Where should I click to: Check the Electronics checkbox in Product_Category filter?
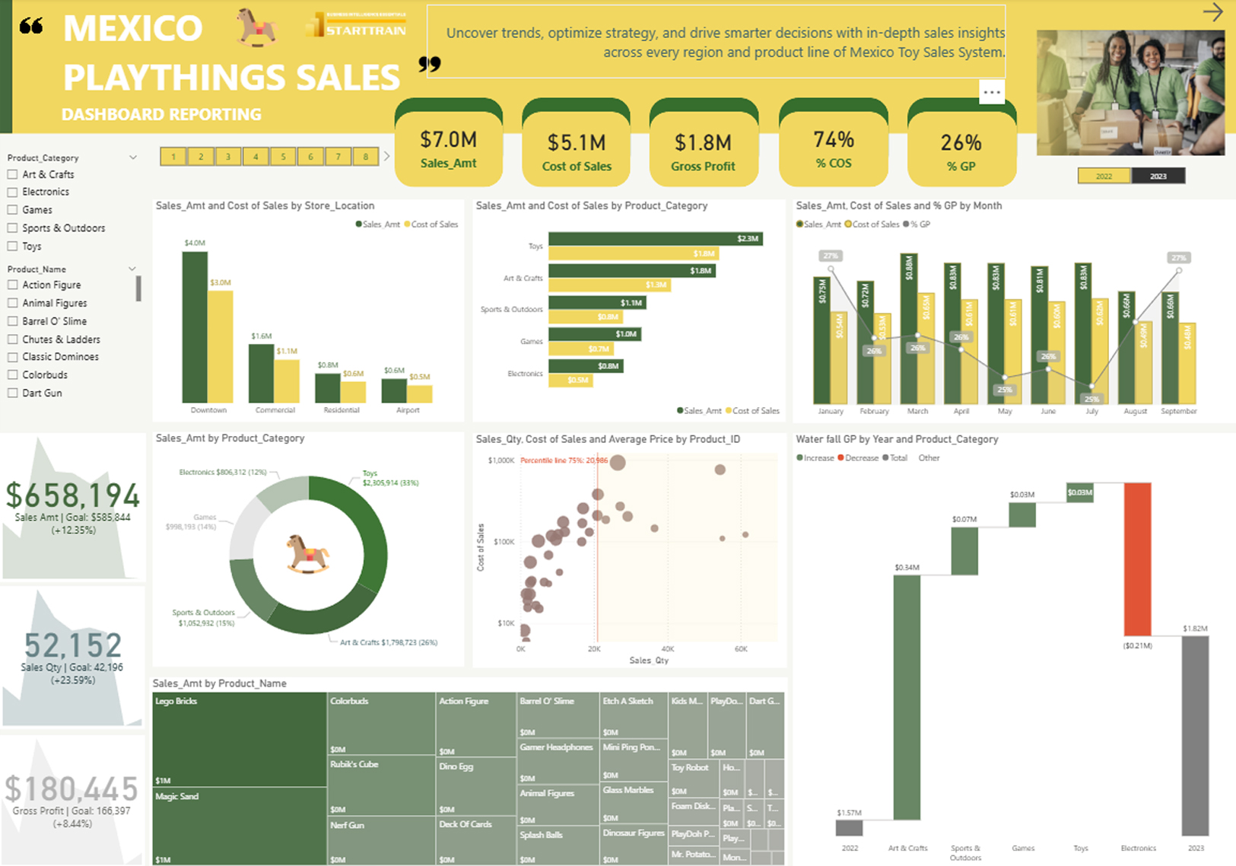[x=12, y=193]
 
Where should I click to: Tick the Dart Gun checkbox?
[x=12, y=393]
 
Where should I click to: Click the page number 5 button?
[x=283, y=157]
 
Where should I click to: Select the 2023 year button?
[x=1158, y=176]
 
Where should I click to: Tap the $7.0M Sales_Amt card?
[x=449, y=148]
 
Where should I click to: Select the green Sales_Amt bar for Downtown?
[x=195, y=327]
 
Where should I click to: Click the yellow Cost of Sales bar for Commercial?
[x=287, y=380]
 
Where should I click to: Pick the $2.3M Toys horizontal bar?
[x=655, y=239]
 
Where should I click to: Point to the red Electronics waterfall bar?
[x=1137, y=559]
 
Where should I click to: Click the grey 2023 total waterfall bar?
[x=1195, y=735]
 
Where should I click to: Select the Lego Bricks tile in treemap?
[x=240, y=739]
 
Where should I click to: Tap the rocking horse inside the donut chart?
[x=308, y=552]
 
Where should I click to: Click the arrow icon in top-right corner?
[x=1212, y=12]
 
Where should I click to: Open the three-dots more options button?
[x=992, y=92]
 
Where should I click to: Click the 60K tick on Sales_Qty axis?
[x=741, y=649]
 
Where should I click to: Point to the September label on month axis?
[x=1178, y=411]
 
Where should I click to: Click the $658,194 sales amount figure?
[x=73, y=495]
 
